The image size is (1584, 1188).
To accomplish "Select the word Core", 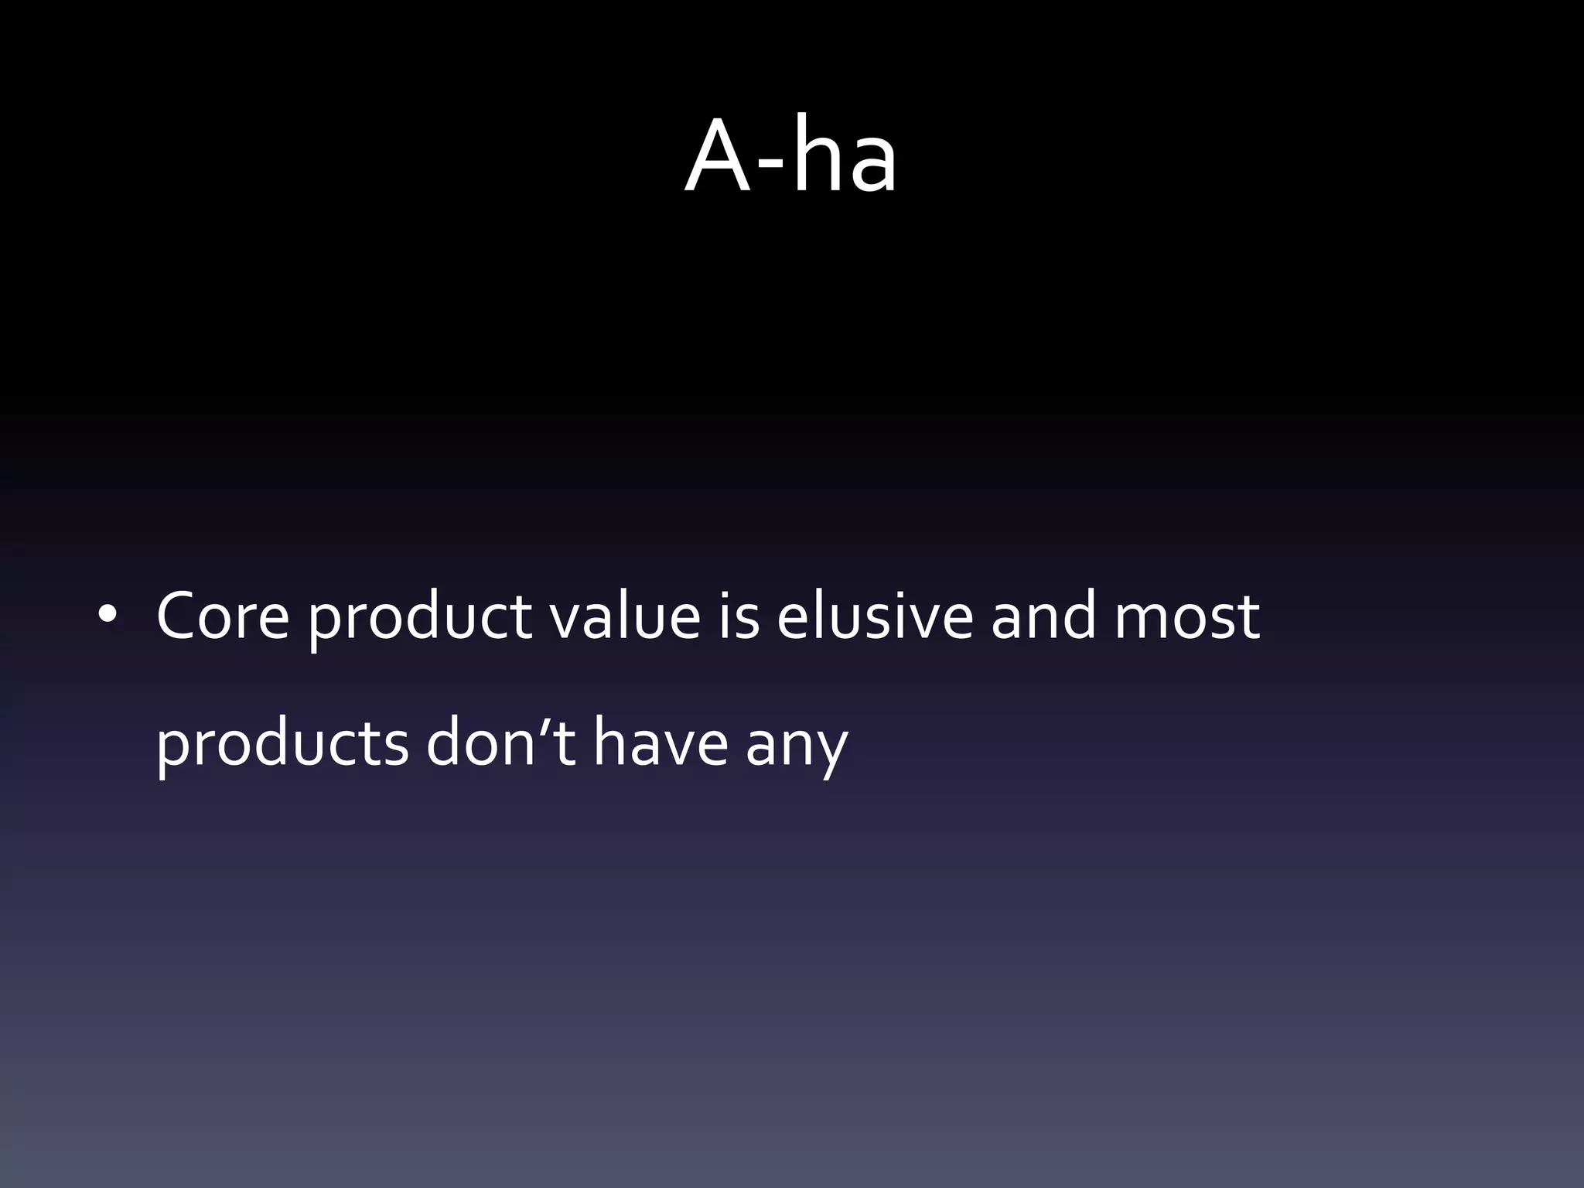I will [x=223, y=617].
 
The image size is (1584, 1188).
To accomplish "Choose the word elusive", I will [x=875, y=617].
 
